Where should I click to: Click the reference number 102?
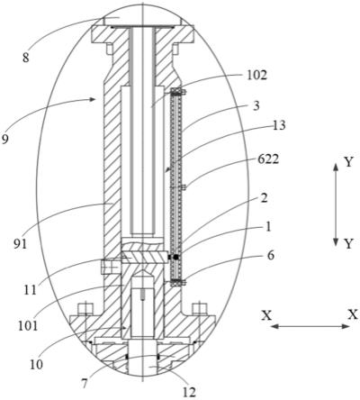[x=256, y=75]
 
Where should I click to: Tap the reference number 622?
[x=268, y=159]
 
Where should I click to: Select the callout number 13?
[x=279, y=125]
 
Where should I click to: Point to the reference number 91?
[x=20, y=244]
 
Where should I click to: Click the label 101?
[x=28, y=326]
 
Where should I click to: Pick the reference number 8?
[x=26, y=58]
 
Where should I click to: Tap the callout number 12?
[x=189, y=392]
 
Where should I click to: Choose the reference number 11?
[x=30, y=290]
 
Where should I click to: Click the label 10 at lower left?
[x=36, y=364]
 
